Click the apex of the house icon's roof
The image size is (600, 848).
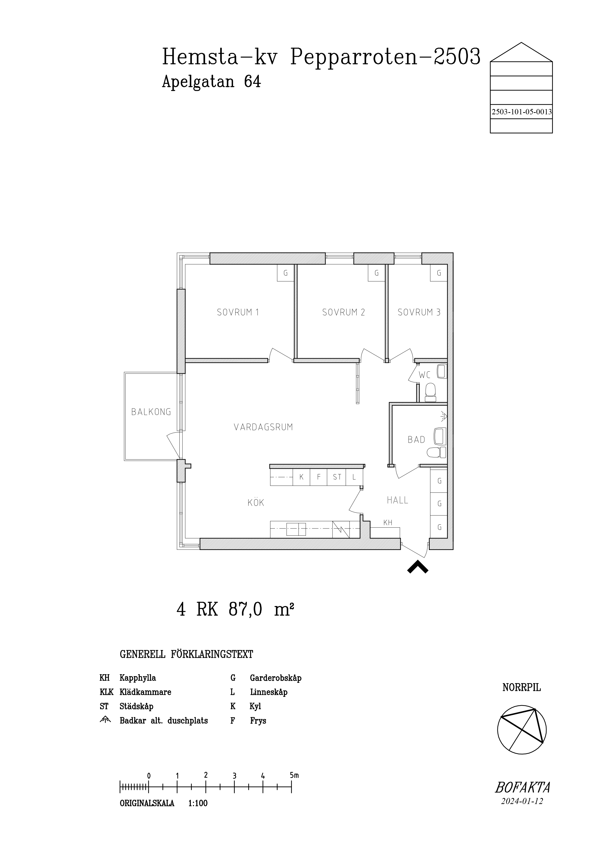[521, 43]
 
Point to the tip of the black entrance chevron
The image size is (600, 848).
[418, 561]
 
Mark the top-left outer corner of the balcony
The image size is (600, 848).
[124, 372]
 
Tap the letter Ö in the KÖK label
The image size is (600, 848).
[256, 502]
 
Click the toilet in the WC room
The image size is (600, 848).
[430, 392]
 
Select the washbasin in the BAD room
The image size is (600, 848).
[440, 436]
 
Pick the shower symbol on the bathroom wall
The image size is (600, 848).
[443, 417]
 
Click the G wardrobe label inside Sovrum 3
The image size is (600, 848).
[439, 273]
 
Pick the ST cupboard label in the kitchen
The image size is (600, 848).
[337, 477]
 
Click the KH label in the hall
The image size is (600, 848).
[388, 523]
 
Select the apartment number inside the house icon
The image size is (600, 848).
[522, 112]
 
